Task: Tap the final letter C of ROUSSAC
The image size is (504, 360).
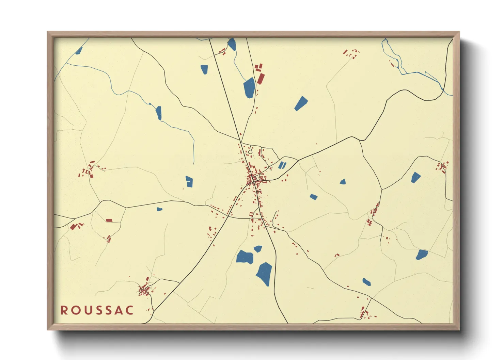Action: tap(129, 310)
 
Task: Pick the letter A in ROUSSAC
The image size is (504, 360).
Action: tap(118, 310)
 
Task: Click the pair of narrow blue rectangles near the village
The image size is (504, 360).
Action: tap(282, 165)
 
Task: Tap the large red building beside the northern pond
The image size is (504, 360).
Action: tap(261, 78)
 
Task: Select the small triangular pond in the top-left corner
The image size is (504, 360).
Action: tap(79, 51)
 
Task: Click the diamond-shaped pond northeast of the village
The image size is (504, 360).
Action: tap(301, 103)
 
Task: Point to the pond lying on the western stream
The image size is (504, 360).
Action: tap(159, 113)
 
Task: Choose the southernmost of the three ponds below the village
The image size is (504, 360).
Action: tap(265, 274)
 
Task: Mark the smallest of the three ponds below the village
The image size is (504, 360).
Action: tap(258, 249)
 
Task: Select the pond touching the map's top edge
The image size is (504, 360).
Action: tap(232, 44)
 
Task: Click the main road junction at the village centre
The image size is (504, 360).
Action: tap(254, 183)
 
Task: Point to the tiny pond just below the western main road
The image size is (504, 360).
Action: tap(159, 209)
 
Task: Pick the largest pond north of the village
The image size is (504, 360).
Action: tap(249, 88)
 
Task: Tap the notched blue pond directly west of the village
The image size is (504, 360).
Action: tap(189, 181)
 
